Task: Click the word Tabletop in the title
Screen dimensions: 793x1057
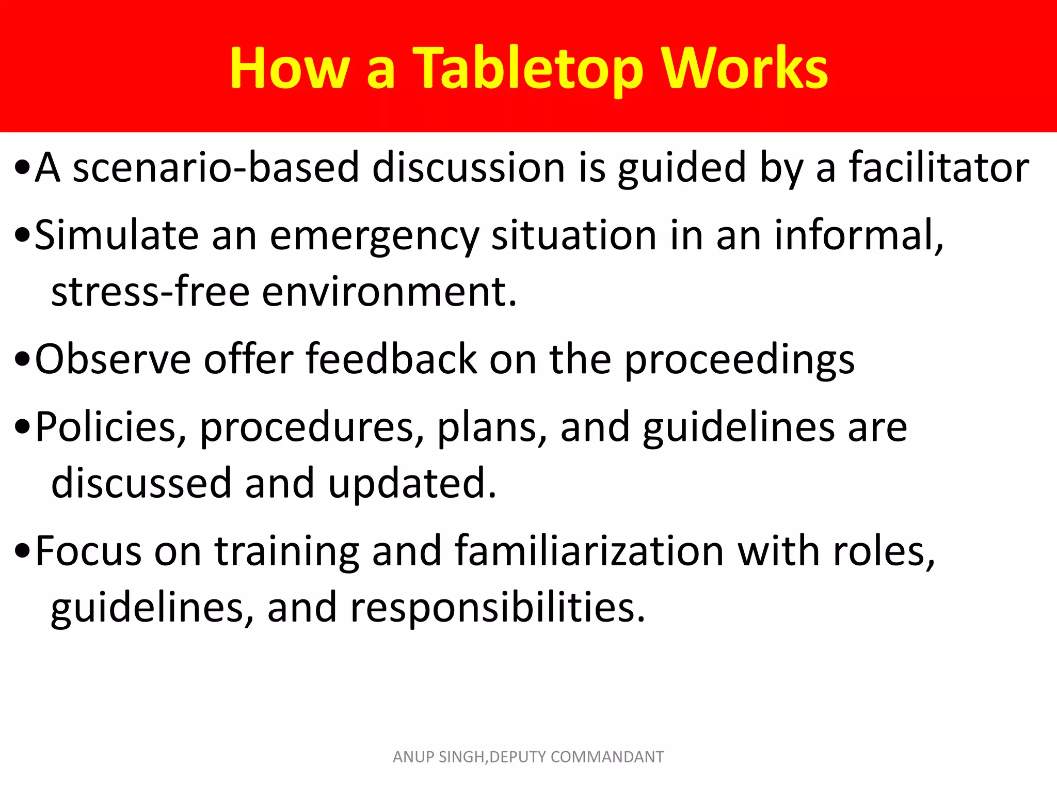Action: pos(529,69)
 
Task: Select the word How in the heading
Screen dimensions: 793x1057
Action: pos(290,68)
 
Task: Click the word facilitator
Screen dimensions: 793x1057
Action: pos(939,167)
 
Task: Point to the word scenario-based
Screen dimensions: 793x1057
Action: pos(216,167)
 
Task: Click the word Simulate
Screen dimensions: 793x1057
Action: pos(117,235)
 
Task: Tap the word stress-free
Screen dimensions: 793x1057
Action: pos(150,292)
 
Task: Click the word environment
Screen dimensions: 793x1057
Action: pos(389,292)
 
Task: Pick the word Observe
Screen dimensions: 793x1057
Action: pos(113,359)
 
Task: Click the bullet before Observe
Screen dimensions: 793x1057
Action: pos(23,359)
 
